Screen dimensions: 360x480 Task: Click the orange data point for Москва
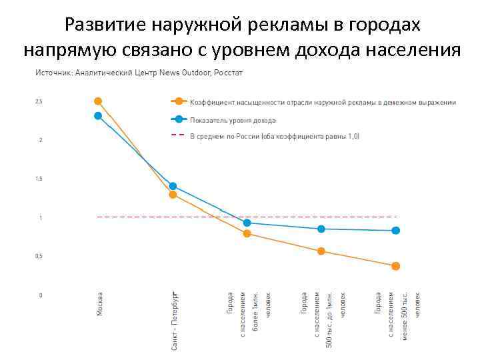pos(98,101)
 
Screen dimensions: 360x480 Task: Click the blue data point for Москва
pos(98,116)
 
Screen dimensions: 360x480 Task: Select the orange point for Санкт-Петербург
pos(173,195)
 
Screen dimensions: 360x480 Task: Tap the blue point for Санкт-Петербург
pos(173,186)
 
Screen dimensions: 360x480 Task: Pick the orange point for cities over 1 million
pos(247,233)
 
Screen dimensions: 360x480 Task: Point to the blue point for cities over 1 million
pos(247,223)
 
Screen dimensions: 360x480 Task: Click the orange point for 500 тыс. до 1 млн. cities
pos(321,251)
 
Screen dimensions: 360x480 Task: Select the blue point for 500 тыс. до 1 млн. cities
pos(321,229)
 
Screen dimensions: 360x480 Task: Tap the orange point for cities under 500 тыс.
pos(396,266)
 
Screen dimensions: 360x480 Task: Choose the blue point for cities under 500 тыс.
pos(396,231)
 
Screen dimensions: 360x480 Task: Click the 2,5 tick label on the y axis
pos(39,102)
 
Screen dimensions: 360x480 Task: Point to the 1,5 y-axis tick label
pos(39,179)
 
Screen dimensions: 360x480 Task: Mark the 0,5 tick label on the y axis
pos(39,257)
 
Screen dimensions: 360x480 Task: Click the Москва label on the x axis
pos(100,304)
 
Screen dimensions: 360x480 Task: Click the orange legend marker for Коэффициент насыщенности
pos(178,102)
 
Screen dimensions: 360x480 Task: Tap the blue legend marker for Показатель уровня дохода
pos(178,119)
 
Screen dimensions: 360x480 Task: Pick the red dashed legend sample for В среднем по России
pos(178,135)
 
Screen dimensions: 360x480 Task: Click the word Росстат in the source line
pos(229,72)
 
